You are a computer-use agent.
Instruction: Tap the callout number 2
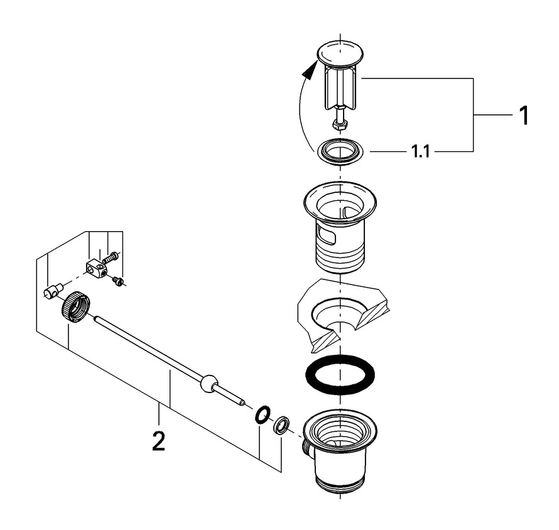click(x=158, y=441)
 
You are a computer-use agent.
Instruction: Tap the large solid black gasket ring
click(x=339, y=375)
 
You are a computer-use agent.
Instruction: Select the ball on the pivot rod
click(x=208, y=383)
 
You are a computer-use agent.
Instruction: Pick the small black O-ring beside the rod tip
click(x=262, y=414)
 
